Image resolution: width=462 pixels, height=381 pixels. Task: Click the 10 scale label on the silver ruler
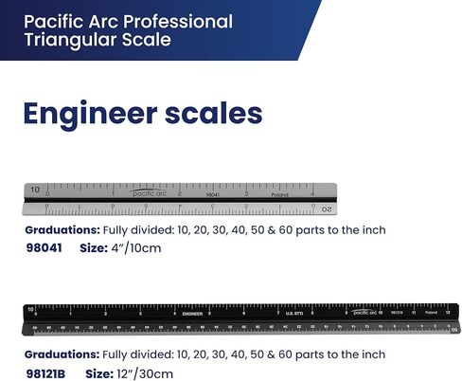35,190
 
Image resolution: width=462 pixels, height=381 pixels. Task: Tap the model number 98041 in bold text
44,247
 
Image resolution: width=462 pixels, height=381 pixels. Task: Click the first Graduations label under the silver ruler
62,230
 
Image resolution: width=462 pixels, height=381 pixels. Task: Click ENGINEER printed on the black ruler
193,312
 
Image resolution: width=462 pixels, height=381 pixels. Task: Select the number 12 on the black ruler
447,311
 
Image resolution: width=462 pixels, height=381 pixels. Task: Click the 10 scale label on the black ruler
31,310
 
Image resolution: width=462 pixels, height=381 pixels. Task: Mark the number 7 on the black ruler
276,312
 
